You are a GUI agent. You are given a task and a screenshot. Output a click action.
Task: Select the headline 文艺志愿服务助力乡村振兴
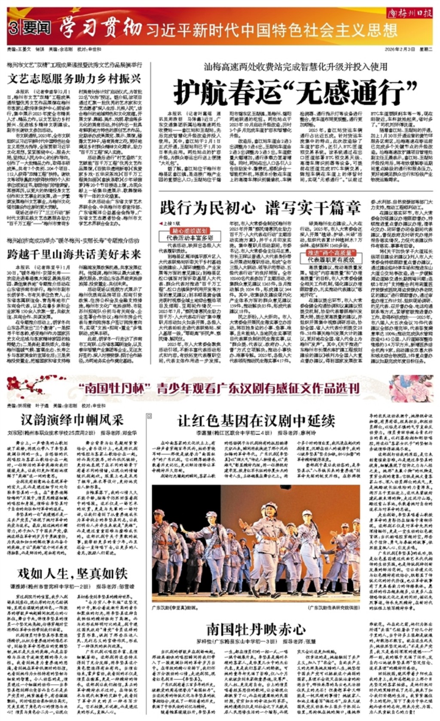click(x=74, y=78)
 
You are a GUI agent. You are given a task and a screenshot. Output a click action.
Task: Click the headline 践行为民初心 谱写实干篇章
click(x=260, y=208)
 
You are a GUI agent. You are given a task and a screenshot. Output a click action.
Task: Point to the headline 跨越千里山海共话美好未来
click(x=74, y=254)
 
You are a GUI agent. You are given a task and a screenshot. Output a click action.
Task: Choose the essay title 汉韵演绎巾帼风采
click(x=72, y=419)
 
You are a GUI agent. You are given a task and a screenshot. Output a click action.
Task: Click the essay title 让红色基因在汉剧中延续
click(x=256, y=420)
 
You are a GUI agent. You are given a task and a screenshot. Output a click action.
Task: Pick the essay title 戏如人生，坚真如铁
click(x=72, y=573)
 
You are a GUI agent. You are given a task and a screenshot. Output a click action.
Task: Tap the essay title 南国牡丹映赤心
click(x=256, y=629)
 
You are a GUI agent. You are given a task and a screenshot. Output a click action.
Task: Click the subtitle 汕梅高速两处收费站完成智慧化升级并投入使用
click(x=296, y=67)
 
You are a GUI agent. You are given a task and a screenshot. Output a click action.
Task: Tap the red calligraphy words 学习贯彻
click(x=101, y=28)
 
